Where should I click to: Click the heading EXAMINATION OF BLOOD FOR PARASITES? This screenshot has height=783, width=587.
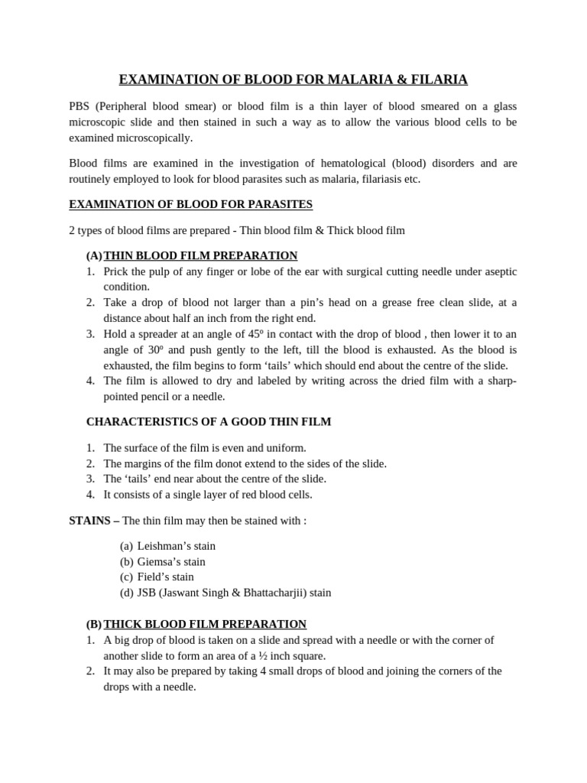190,204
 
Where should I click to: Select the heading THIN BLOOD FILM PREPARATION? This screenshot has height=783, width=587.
200,255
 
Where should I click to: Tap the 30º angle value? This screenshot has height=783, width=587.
141,349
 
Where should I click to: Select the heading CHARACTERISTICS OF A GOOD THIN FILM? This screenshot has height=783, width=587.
209,421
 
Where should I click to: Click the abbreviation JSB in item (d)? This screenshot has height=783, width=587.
147,593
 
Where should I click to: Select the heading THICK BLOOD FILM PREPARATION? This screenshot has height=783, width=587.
205,624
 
